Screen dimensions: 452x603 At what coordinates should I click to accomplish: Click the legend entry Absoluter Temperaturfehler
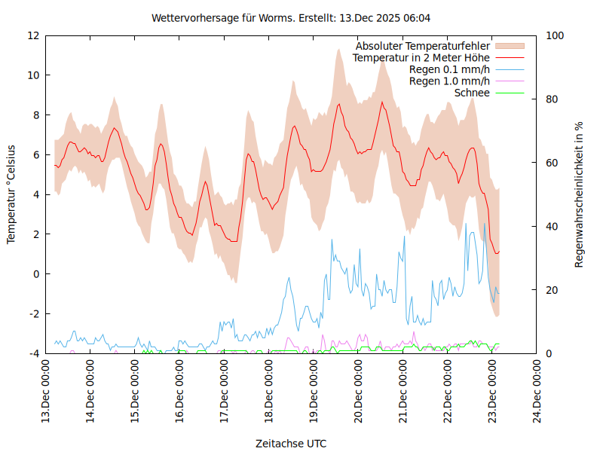423,46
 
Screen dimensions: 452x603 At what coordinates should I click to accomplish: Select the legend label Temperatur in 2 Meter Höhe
421,57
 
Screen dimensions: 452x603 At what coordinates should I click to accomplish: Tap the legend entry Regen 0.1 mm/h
449,69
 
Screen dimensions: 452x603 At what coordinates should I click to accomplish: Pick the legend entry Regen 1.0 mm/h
449,81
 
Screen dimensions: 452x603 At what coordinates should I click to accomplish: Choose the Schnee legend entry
473,93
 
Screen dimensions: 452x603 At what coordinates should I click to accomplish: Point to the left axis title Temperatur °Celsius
11,194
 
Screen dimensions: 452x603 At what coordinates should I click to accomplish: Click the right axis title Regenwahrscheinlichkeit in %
580,194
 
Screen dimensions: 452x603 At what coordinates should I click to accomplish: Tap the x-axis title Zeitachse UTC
291,443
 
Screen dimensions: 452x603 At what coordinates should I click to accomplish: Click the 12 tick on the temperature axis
33,35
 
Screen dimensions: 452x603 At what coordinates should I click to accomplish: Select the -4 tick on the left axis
33,353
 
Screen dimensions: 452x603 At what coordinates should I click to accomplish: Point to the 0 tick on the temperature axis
36,273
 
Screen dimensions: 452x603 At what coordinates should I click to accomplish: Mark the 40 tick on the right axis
550,226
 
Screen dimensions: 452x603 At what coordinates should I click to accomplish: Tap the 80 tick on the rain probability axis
550,99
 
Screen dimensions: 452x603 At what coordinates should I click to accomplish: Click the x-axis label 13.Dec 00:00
46,391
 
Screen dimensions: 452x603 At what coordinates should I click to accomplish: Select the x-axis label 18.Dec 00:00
269,391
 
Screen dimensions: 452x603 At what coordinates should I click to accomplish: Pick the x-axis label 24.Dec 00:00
537,391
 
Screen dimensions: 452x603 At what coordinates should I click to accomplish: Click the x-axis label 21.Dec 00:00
403,391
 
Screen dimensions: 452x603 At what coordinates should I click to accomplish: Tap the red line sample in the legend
510,57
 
